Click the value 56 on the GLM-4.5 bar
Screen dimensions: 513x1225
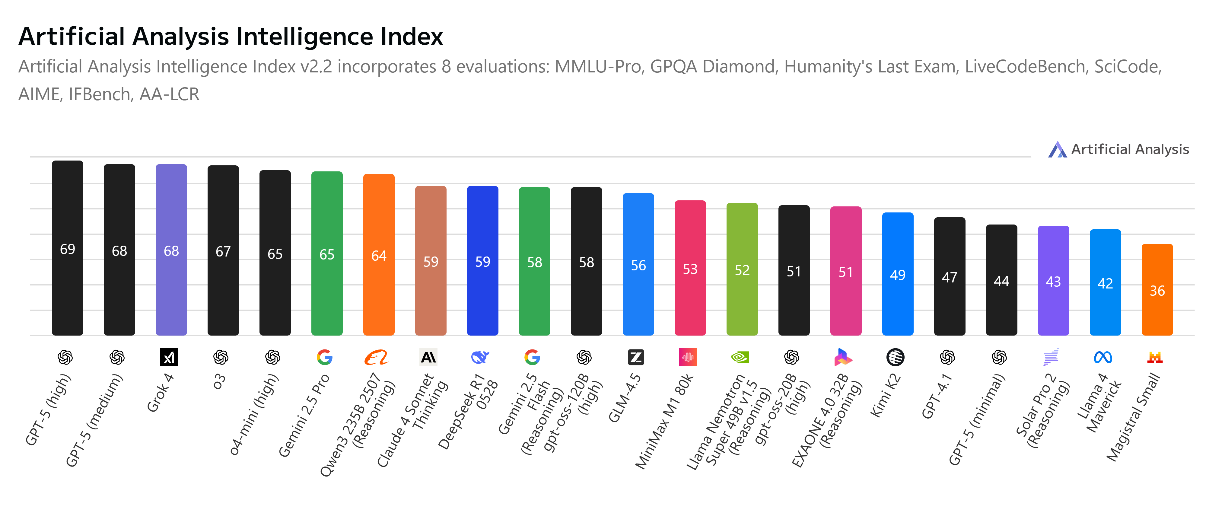[x=638, y=265]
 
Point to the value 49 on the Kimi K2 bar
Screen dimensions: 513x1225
[x=897, y=275]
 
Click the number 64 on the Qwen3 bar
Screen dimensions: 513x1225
[x=379, y=256]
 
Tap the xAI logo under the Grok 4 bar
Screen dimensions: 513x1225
[x=169, y=357]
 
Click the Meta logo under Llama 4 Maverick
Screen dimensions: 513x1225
[x=1103, y=357]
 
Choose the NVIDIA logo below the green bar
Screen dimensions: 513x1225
[x=740, y=357]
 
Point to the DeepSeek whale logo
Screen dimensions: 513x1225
[x=480, y=357]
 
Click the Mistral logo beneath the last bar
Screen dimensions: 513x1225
[x=1155, y=357]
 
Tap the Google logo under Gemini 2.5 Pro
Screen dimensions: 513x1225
[x=325, y=357]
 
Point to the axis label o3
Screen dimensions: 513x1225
[x=219, y=381]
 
